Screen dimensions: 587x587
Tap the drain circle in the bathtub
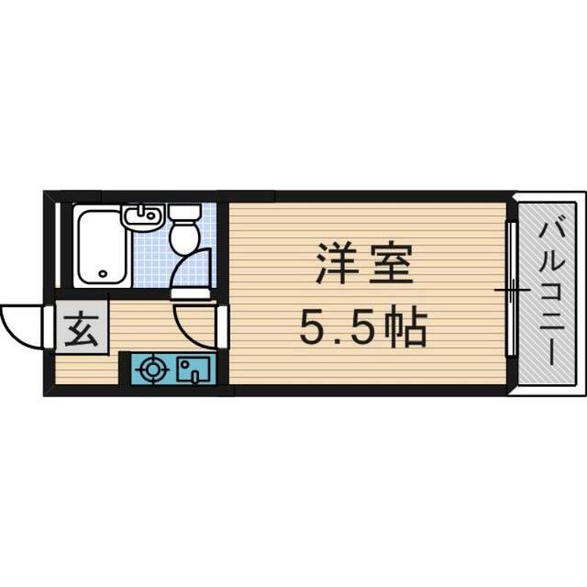point(101,272)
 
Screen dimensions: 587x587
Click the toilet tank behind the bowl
point(184,214)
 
